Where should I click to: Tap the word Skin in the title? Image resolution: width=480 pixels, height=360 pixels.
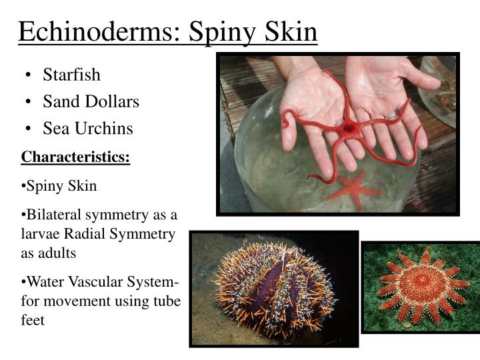pos(286,31)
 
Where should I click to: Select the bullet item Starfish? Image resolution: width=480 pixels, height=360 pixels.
pos(71,75)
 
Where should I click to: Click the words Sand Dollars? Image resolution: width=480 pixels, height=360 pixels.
pos(91,101)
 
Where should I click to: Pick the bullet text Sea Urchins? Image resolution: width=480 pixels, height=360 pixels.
pos(88,128)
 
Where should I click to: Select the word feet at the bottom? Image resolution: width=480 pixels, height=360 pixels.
pos(33,320)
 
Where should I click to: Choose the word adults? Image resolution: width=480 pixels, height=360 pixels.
pos(57,253)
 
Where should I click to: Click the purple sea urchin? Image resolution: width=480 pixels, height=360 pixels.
pos(273,287)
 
